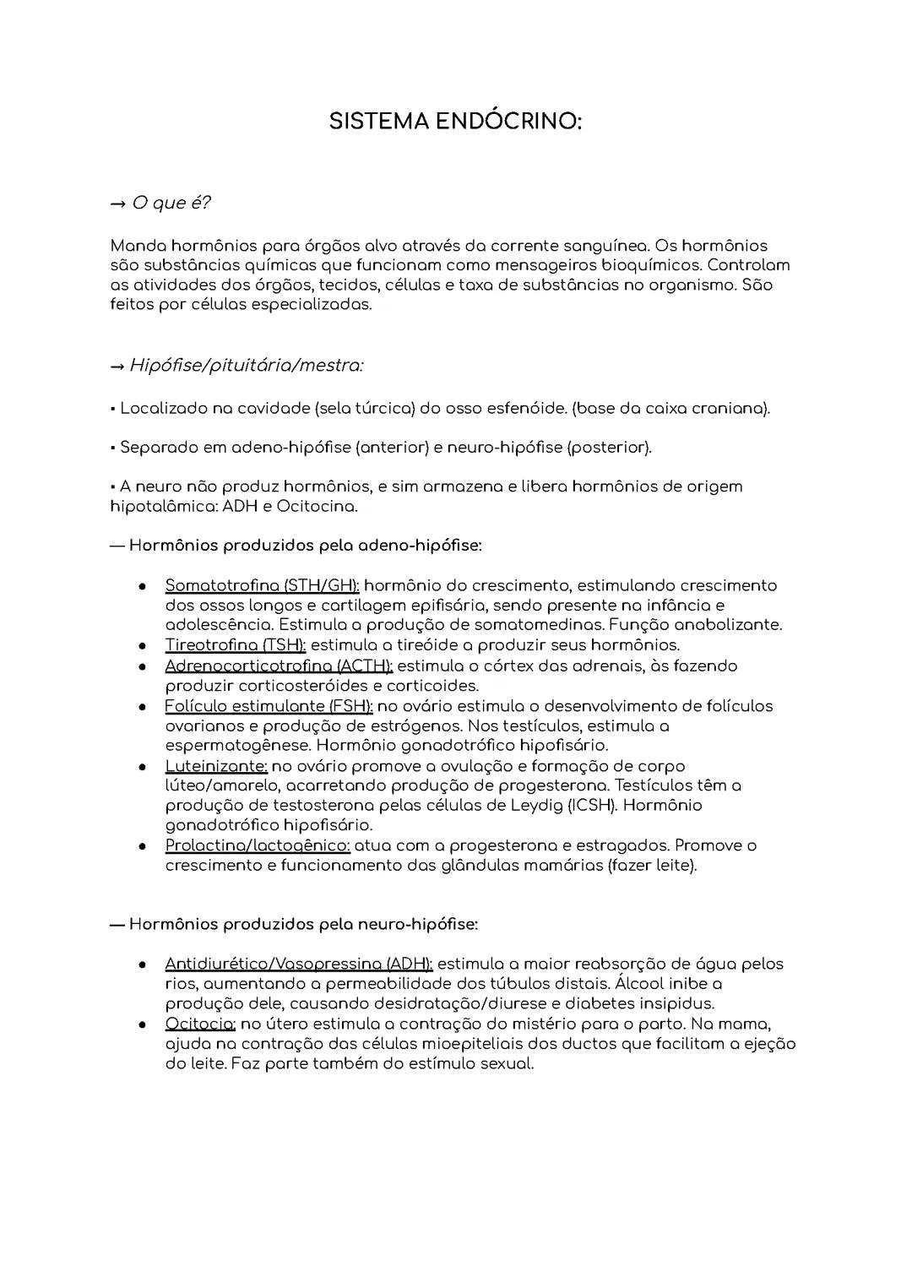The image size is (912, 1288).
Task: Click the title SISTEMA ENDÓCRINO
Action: tap(455, 122)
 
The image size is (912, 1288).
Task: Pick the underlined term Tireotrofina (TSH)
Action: tap(236, 645)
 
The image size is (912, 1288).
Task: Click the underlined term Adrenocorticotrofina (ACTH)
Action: tap(279, 666)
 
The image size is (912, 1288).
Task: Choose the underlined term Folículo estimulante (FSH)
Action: tap(269, 705)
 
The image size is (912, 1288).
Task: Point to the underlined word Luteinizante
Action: tap(216, 766)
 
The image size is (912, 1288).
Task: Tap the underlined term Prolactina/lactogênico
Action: tap(258, 845)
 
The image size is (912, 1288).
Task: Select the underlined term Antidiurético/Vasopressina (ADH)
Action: tap(299, 964)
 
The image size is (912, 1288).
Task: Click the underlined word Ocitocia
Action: tap(200, 1024)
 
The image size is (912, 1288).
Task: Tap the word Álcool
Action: tap(640, 984)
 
